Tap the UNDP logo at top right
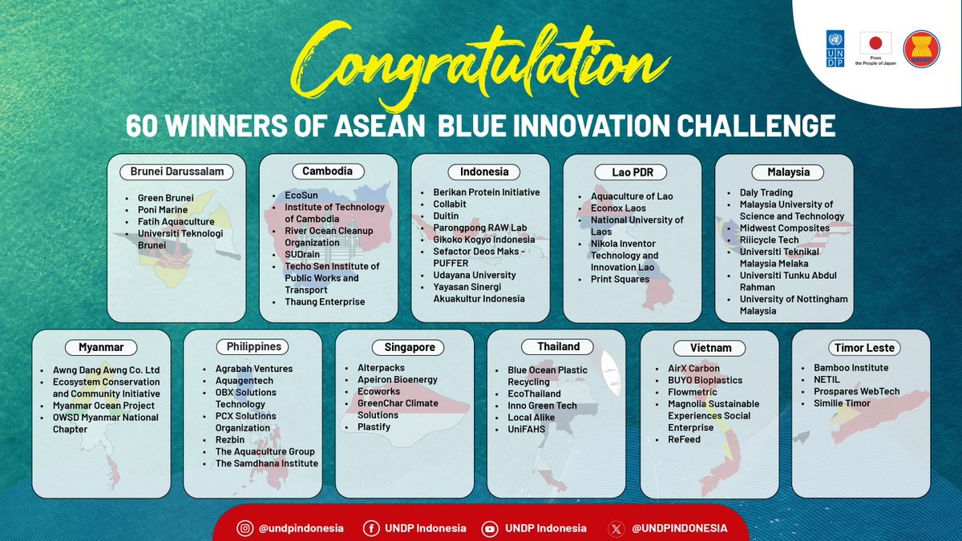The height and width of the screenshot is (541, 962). pos(835,49)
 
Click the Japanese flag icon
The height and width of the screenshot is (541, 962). pos(875,44)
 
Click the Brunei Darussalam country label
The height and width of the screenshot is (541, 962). pos(176,172)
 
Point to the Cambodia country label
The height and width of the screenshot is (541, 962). pos(327,171)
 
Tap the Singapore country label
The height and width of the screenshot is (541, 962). pos(403,347)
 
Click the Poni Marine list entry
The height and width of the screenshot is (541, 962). pos(163,210)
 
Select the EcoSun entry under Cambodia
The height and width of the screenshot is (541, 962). pos(302,196)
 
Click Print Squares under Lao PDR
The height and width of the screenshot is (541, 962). pos(620,279)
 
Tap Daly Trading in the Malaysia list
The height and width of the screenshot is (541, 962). pos(766,192)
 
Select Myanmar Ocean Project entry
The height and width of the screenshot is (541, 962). pos(97,406)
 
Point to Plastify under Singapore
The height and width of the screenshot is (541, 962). pos(374,427)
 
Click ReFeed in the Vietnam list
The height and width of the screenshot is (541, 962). pos(684,439)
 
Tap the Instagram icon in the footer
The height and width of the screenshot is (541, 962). pos(245,528)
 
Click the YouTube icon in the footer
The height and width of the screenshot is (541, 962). pos(489,528)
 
